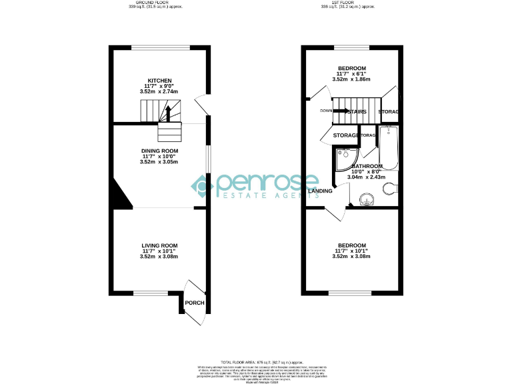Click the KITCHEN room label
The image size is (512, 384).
[x=159, y=81]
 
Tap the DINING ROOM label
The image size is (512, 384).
[x=159, y=151]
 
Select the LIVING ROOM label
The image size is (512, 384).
[x=159, y=246]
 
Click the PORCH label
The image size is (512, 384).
[x=195, y=303]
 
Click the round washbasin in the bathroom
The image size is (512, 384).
[x=365, y=199]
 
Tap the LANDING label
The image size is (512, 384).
[x=321, y=191]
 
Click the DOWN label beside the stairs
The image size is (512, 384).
[x=326, y=111]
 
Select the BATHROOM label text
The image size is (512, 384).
[x=367, y=166]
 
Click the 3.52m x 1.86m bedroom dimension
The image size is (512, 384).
[x=351, y=79]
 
